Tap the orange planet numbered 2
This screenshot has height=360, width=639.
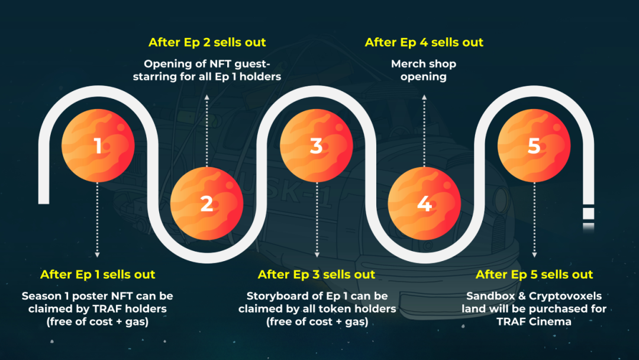pyautogui.click(x=206, y=204)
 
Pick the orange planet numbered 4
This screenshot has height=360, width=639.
pyautogui.click(x=424, y=204)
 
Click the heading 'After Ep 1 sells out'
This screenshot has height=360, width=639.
pyautogui.click(x=98, y=274)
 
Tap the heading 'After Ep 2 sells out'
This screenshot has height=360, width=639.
pyautogui.click(x=207, y=43)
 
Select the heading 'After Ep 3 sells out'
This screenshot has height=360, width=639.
pyautogui.click(x=316, y=274)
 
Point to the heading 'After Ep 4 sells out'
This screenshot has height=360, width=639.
pyautogui.click(x=424, y=43)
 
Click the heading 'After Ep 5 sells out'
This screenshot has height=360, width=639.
pyautogui.click(x=534, y=274)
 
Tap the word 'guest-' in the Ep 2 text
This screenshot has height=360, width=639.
pyautogui.click(x=248, y=64)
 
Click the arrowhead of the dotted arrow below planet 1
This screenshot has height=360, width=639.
pyautogui.click(x=98, y=256)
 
